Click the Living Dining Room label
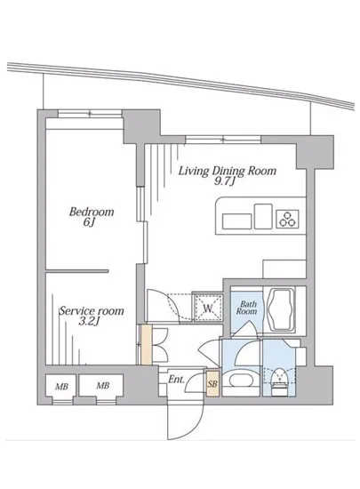228,172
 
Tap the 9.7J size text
224,181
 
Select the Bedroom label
92,212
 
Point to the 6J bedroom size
89,222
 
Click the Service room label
92,310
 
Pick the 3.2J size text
89,321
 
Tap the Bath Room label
247,308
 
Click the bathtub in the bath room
281,309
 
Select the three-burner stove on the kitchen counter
287,219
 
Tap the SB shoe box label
212,383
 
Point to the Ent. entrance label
176,380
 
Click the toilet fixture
279,381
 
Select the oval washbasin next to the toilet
241,381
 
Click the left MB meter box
61,387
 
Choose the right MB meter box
101,386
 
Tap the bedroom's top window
90,114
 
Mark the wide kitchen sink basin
236,221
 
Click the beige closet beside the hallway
146,345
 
